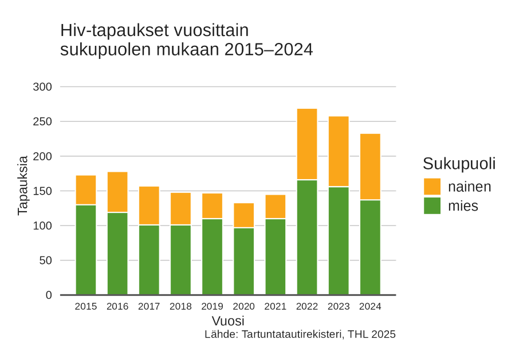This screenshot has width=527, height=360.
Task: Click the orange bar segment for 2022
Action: pos(307,144)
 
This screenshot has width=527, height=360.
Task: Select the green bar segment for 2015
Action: pos(86,250)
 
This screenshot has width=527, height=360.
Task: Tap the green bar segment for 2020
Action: pos(244,261)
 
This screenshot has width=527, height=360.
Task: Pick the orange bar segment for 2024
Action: pos(370,167)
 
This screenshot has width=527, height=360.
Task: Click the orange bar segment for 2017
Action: pos(149,205)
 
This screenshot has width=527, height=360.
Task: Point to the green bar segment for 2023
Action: pos(339,240)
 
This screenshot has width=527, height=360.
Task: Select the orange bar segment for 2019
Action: pos(212,206)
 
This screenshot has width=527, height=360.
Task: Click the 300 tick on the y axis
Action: pos(43,87)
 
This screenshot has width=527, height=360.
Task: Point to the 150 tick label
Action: pos(43,191)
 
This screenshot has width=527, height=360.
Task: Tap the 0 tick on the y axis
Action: pos(49,295)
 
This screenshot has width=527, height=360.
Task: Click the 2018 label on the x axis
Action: pos(180,307)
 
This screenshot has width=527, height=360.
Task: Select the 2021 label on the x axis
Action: pos(275,307)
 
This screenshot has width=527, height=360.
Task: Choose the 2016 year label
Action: pos(117,307)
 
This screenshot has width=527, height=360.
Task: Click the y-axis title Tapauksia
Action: pos(23,185)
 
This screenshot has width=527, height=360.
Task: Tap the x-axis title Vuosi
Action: pos(228,321)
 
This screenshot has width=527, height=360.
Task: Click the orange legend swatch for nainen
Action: pos(432,187)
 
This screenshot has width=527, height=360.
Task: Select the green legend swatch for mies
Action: pos(432,205)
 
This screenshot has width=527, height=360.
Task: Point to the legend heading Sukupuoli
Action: pos(459,164)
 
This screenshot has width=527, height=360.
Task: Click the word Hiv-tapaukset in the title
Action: pos(112,30)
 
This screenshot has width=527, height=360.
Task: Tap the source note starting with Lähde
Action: pos(300,334)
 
